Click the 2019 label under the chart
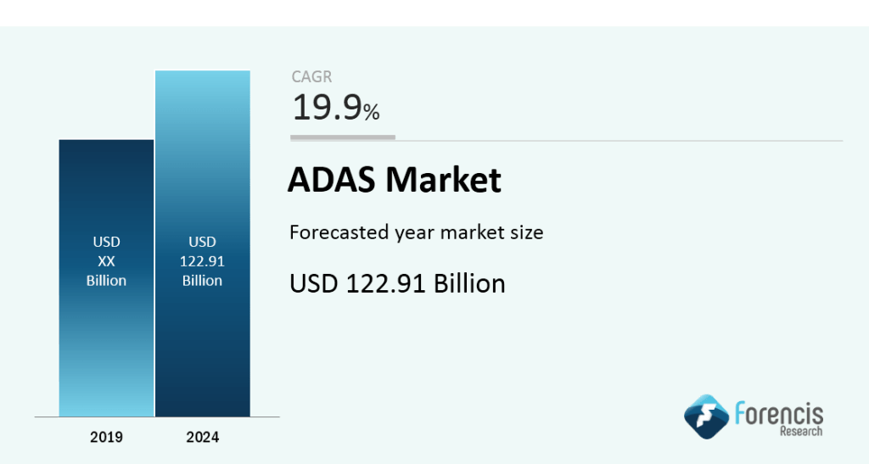point(106,438)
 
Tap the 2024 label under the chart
point(202,438)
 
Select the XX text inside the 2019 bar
point(106,262)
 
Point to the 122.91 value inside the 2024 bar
point(202,262)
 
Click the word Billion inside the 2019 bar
point(106,281)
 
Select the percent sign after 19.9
point(372,111)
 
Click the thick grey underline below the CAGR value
point(343,137)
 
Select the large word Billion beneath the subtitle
point(469,283)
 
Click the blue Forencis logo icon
point(706,416)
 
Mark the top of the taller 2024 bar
point(202,71)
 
